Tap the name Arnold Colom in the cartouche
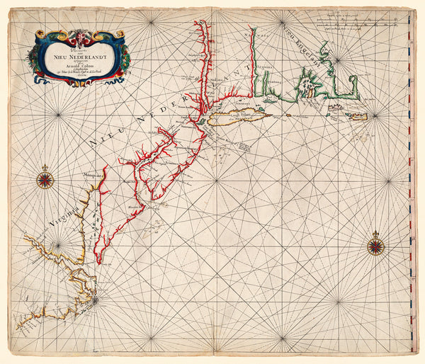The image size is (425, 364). click(77, 65)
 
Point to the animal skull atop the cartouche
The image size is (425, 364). click(78, 34)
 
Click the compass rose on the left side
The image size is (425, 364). click(45, 180)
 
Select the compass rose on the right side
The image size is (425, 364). click(375, 246)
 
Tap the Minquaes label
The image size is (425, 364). click(91, 173)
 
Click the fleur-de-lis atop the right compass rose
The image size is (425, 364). click(375, 234)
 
